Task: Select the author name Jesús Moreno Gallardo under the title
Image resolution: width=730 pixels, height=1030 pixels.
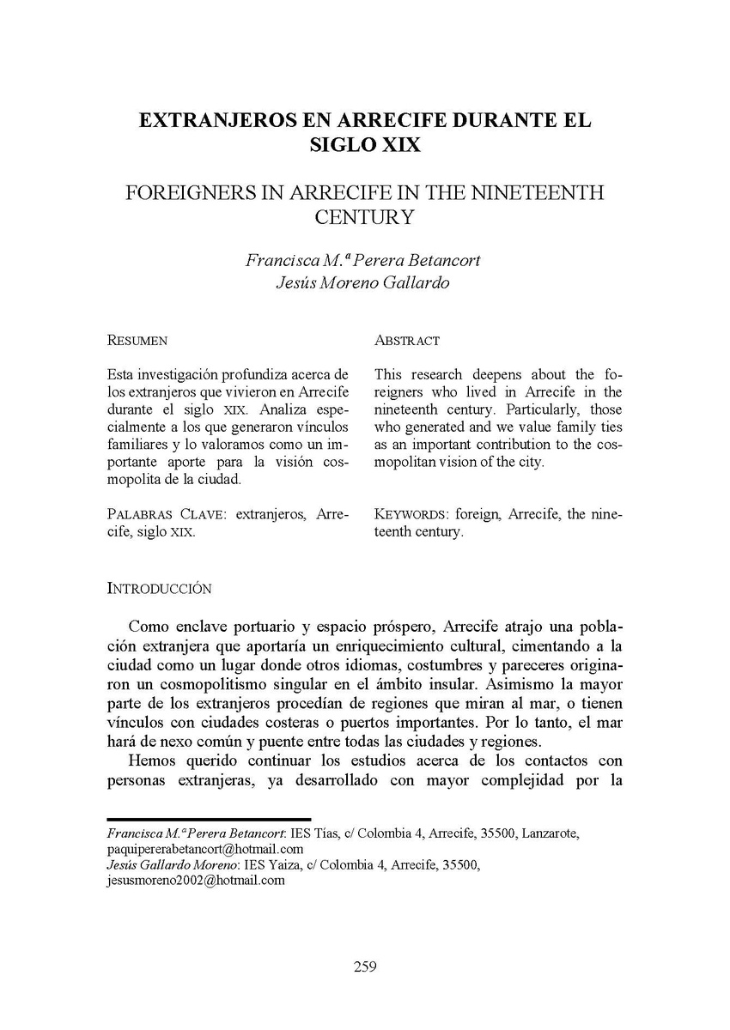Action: coord(364,284)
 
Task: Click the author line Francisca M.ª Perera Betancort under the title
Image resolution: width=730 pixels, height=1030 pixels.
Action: coord(364,260)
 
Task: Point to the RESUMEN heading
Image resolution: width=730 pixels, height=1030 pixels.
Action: coord(137,341)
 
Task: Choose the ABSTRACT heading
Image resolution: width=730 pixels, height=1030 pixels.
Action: coord(407,341)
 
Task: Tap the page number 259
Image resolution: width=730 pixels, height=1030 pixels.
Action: coord(365,967)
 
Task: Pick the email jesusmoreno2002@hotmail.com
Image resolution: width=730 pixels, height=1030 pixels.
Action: coord(195,880)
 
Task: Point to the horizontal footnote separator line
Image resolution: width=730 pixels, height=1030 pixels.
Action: coord(208,820)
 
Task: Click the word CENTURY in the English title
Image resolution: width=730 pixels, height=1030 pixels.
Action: coord(364,216)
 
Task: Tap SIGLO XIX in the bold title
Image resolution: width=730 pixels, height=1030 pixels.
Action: coord(364,144)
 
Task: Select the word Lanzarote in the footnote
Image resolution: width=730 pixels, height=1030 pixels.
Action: coord(551,833)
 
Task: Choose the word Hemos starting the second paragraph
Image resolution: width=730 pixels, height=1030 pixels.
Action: coord(153,761)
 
